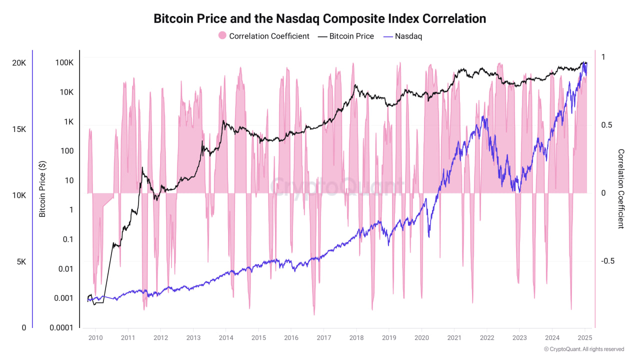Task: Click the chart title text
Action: coord(319,18)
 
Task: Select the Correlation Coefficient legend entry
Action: coord(269,36)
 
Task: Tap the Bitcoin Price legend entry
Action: coord(351,36)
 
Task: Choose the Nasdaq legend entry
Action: coord(408,36)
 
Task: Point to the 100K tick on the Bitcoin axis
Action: coord(64,63)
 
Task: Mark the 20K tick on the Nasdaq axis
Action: coord(19,63)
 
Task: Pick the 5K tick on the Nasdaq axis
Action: coord(20,262)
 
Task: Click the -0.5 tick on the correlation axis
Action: coord(607,261)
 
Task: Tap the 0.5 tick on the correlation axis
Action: coord(606,125)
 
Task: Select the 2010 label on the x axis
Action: coord(95,337)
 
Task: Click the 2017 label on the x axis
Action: coord(323,337)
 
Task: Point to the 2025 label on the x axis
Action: coord(584,337)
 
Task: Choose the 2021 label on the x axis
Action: coord(454,337)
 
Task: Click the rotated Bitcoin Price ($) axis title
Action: coord(42,189)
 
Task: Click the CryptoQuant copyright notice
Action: coord(584,349)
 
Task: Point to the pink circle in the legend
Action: coord(222,35)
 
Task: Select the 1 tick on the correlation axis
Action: coord(603,57)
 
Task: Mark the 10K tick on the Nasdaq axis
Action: coord(19,195)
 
